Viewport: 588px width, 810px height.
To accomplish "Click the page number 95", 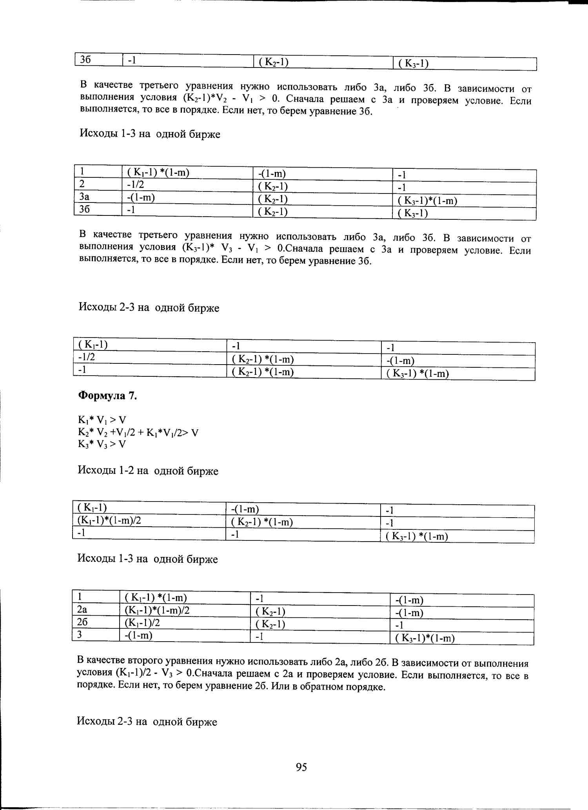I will (301, 767).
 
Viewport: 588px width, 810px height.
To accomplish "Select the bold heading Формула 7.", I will (107, 396).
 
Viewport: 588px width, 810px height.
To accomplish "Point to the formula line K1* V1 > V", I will (102, 420).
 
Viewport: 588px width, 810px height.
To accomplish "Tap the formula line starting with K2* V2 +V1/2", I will (138, 432).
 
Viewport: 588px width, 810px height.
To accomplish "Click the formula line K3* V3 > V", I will (102, 444).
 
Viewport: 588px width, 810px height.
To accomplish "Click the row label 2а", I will (82, 609).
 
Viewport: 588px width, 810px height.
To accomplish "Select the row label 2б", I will (82, 622).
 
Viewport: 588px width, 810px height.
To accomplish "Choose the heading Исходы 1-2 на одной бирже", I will (148, 471).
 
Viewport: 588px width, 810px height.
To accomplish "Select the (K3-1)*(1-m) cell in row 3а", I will (427, 201).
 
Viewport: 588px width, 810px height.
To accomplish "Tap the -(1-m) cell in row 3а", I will (141, 197).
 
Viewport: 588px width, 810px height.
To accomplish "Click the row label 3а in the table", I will (84, 197).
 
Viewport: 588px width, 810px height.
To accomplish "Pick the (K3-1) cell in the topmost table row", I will (413, 63).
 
